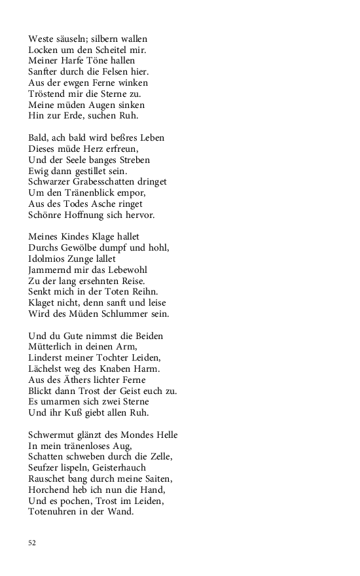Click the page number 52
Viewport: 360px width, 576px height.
coord(32,543)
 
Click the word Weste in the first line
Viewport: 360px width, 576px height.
coord(41,39)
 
